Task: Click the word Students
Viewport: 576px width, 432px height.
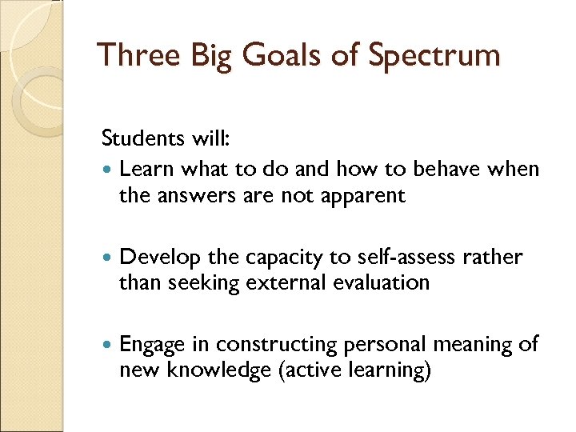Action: [141, 138]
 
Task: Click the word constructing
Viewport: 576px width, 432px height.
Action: [277, 345]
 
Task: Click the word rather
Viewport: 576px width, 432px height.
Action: [494, 257]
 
